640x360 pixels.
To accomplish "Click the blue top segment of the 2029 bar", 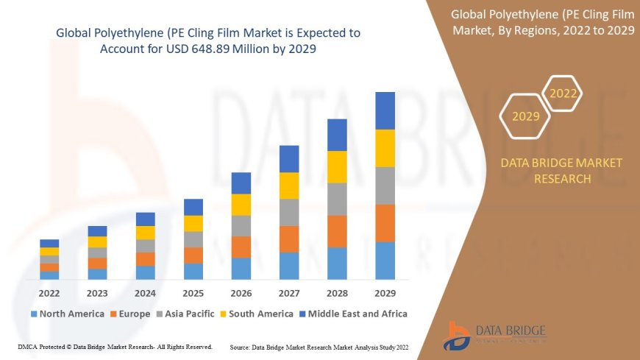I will tap(385, 110).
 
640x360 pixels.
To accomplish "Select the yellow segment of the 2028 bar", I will tap(337, 166).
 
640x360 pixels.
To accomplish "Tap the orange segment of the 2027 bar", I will tap(289, 239).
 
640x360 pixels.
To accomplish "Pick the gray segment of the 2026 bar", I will tap(241, 225).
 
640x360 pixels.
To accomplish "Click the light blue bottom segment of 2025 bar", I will tap(193, 271).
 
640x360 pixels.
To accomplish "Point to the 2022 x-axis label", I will tap(49, 293).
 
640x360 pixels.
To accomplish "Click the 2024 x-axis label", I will tap(145, 293).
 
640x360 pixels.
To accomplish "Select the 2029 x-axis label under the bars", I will tap(385, 293).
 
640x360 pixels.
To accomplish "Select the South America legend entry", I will tap(257, 314).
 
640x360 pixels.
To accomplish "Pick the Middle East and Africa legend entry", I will tap(352, 314).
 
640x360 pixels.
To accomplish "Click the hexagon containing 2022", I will tap(563, 93).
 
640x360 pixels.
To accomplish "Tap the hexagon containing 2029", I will tap(526, 116).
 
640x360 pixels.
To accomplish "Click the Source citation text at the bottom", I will tap(319, 346).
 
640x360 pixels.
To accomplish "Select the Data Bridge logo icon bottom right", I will tap(458, 335).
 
